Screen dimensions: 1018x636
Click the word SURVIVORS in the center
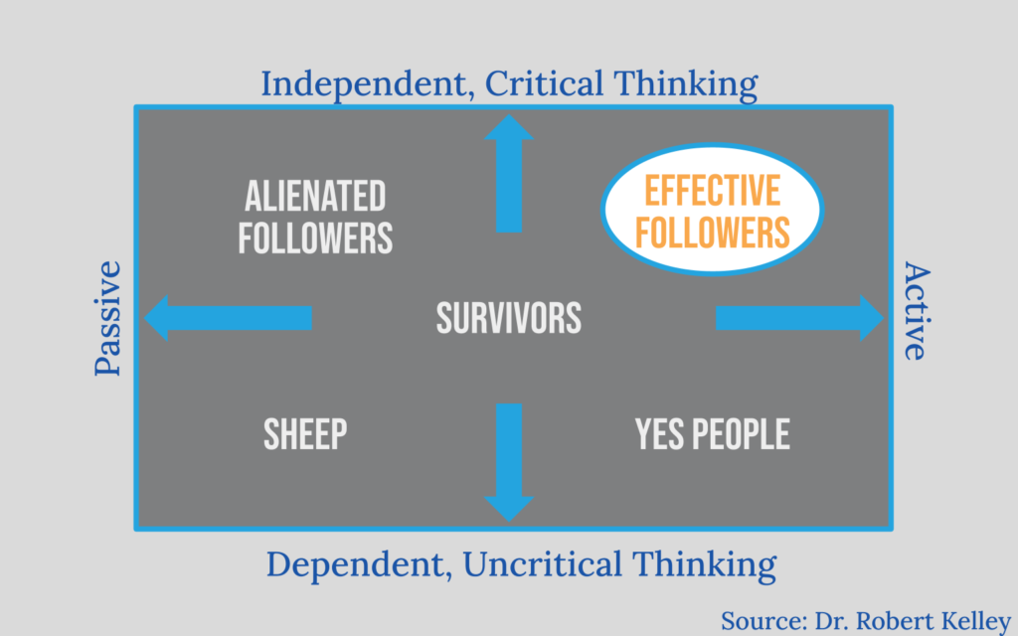(508, 318)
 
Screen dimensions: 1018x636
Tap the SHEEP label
(305, 434)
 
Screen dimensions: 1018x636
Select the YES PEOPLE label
(712, 434)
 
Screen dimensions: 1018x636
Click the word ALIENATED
(315, 196)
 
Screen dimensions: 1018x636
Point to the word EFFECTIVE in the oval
(712, 191)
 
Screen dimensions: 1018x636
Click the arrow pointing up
(509, 173)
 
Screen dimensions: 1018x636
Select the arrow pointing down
(509, 462)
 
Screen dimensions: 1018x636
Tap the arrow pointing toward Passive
(228, 318)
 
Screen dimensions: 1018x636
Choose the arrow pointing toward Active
(800, 318)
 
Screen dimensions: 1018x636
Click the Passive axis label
(107, 318)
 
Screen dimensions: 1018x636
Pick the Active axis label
(917, 311)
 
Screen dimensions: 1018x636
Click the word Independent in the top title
(364, 84)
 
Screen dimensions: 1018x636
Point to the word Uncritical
(543, 563)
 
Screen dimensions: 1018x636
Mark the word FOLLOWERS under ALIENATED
(315, 238)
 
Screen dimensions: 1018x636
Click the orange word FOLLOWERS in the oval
(712, 233)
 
